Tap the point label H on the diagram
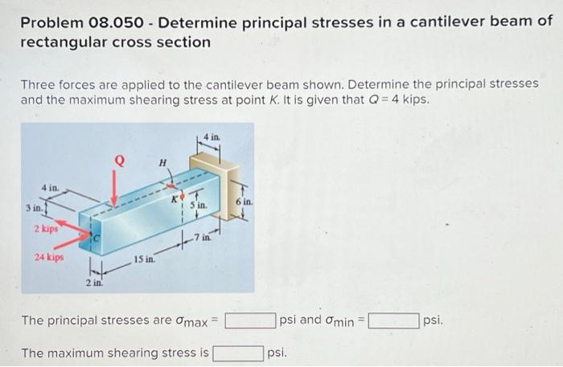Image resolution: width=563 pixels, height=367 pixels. click(x=163, y=163)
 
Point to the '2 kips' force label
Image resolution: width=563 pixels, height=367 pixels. click(x=46, y=230)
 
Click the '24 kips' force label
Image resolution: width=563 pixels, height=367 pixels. click(x=50, y=258)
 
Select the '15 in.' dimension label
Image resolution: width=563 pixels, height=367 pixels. click(x=145, y=259)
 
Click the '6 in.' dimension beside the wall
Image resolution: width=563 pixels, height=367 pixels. click(x=243, y=201)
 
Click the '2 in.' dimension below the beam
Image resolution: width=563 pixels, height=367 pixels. click(x=94, y=283)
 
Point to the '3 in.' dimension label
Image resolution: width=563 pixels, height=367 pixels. click(x=34, y=208)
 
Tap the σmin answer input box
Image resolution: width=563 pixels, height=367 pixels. click(x=393, y=321)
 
